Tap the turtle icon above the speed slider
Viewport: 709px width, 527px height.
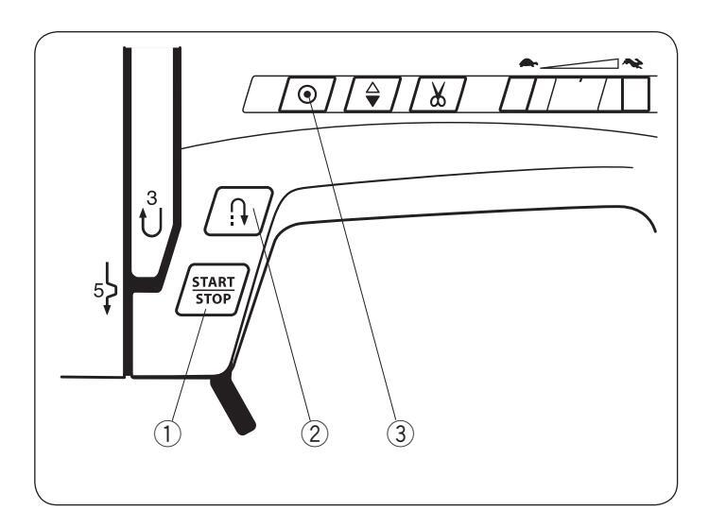(x=525, y=62)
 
